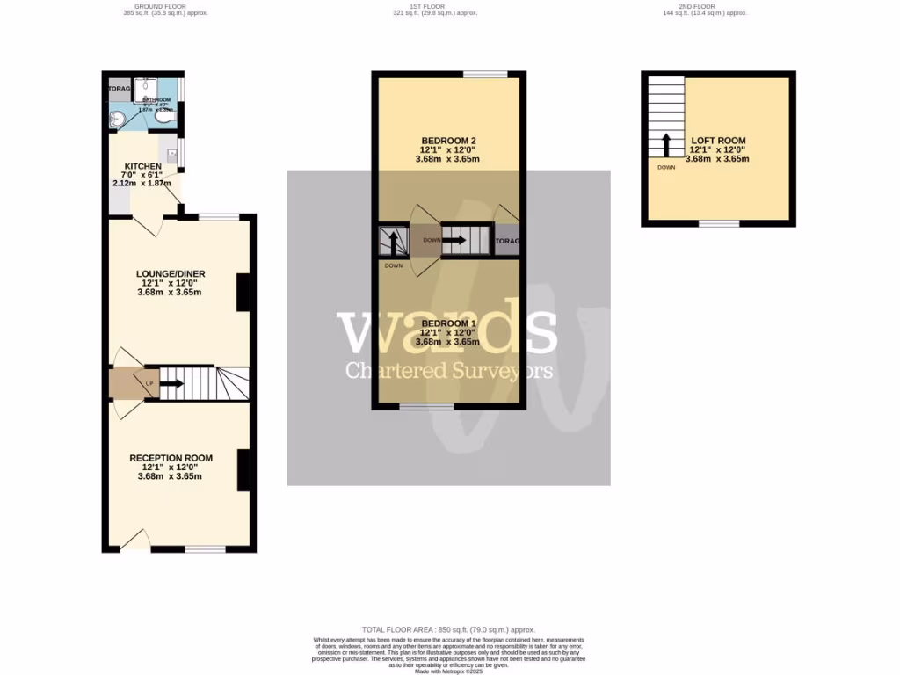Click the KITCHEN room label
click(x=142, y=166)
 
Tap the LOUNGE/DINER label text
click(x=171, y=274)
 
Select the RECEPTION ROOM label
click(x=171, y=458)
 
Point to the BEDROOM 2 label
click(x=448, y=141)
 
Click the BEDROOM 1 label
click(x=448, y=323)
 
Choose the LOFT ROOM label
click(x=718, y=141)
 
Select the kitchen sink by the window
click(x=172, y=156)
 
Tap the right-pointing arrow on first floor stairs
click(x=455, y=239)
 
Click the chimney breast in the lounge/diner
click(x=243, y=293)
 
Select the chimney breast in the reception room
click(x=243, y=469)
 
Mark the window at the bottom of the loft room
click(x=718, y=223)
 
